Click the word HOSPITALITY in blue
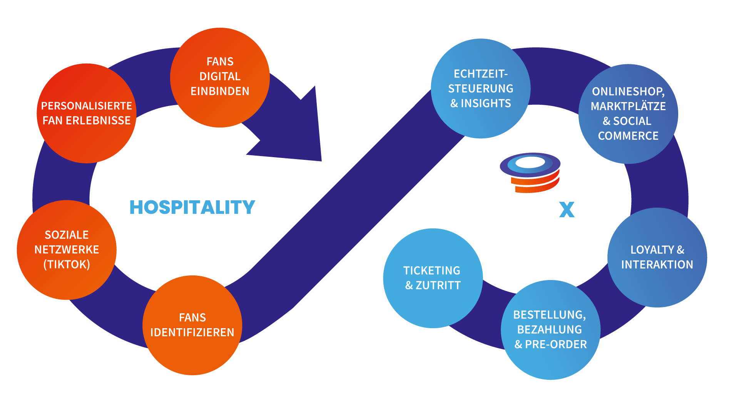pos(192,207)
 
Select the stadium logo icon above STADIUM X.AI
pos(530,172)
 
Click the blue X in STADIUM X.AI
pos(567,210)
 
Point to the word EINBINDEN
pos(220,91)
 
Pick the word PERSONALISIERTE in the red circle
pos(87,106)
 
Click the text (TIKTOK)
pos(67,265)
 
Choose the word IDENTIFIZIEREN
pos(192,332)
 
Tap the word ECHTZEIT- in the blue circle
pos(481,74)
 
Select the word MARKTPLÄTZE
pos(628,106)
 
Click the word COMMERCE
pos(628,136)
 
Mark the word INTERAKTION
pos(657,265)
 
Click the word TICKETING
pos(432,271)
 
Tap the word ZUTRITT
pos(438,285)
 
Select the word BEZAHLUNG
pos(549,330)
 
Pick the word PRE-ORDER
pos(556,344)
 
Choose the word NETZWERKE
pos(67,250)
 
